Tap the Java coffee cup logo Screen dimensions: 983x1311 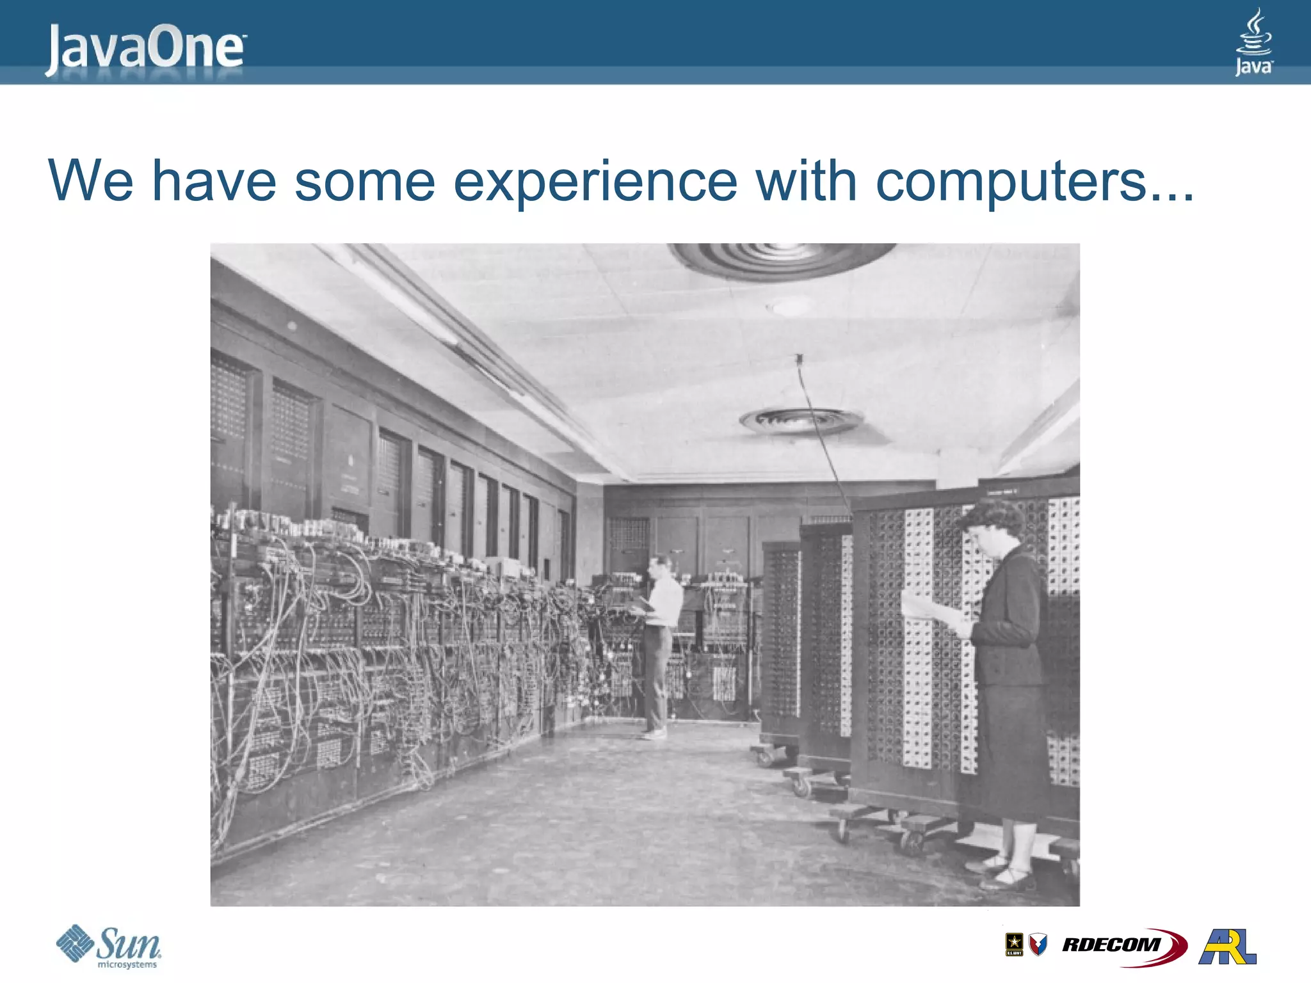pos(1253,42)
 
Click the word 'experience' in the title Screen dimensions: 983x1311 pos(595,182)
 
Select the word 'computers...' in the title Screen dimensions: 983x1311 pos(1033,182)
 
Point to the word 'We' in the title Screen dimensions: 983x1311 pos(91,182)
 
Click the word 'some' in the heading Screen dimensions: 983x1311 pos(365,182)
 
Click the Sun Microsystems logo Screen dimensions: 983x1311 pos(109,946)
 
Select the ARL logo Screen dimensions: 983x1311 pos(1227,946)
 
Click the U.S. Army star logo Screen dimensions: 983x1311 pos(1014,945)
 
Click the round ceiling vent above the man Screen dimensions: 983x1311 pos(800,421)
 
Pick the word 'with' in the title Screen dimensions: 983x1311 pos(806,182)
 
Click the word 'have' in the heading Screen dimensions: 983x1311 pos(214,182)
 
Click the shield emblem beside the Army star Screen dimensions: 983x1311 pos(1038,945)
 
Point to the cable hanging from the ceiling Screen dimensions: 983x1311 pos(819,435)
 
